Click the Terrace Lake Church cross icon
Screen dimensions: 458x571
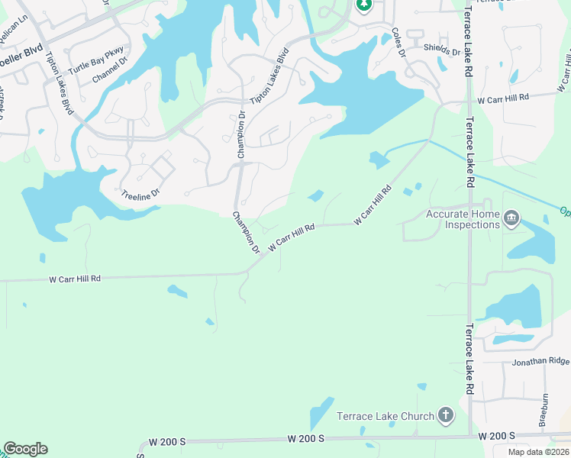(446, 416)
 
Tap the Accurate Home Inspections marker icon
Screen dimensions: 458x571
(511, 220)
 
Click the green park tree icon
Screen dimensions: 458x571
(363, 5)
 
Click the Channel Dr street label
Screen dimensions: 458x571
(106, 74)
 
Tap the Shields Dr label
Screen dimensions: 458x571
(442, 51)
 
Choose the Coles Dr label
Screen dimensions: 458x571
(398, 42)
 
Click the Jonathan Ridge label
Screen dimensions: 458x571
(540, 361)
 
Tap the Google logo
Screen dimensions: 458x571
(25, 449)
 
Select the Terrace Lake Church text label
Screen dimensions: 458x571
(386, 417)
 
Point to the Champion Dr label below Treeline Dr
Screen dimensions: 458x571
(247, 233)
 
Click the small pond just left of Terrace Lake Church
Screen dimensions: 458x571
(321, 413)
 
